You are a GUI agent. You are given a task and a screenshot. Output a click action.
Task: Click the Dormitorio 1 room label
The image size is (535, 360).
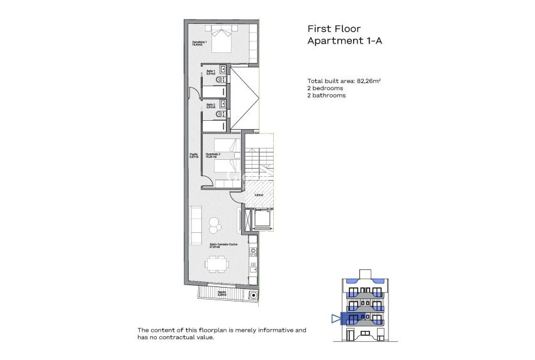(200, 43)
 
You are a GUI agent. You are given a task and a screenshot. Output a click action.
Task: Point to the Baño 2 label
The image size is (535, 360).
(211, 106)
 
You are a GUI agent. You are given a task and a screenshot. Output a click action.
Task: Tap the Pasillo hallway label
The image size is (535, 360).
(194, 156)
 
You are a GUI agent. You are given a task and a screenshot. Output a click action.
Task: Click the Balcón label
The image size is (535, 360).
(222, 293)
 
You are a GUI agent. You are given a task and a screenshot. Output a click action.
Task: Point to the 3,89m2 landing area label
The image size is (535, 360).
(258, 195)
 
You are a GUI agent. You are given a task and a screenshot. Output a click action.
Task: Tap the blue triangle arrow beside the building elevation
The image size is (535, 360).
(335, 318)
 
